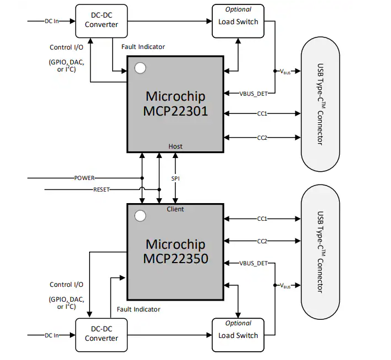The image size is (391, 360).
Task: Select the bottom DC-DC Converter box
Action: [x=101, y=334]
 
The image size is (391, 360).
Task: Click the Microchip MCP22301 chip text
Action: [x=175, y=103]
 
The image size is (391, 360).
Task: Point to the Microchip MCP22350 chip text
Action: [x=175, y=250]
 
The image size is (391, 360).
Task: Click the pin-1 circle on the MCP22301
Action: [x=140, y=68]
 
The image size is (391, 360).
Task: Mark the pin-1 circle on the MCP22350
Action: [x=140, y=215]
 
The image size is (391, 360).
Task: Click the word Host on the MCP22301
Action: [x=175, y=146]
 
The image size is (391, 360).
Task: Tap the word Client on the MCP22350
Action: [x=175, y=209]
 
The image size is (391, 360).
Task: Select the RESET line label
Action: [x=101, y=189]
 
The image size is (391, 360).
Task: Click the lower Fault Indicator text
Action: [x=139, y=309]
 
